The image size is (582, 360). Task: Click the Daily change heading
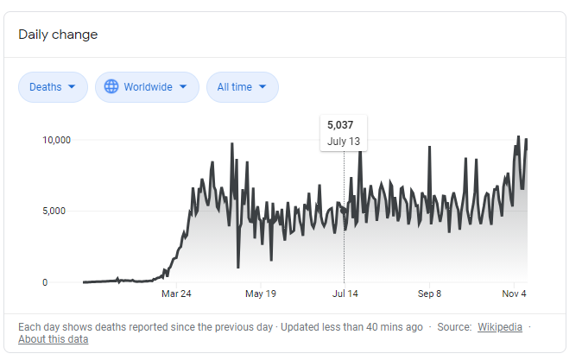coord(58,35)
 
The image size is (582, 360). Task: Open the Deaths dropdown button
coord(53,87)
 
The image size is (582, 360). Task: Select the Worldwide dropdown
coord(147,87)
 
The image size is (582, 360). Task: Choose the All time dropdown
coord(243,87)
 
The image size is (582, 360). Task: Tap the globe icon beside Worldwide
coord(111,86)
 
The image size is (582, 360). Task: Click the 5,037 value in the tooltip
coord(340,125)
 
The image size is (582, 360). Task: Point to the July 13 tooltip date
coord(344,142)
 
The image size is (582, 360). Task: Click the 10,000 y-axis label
coord(56,141)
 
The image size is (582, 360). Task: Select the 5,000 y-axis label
coord(54,212)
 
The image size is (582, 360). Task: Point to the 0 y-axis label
coord(45,282)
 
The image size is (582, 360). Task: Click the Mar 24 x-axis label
coord(176,294)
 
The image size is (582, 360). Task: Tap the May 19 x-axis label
coord(261,294)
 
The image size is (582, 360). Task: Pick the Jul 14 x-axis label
coord(345,294)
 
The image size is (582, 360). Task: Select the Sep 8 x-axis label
coord(429,294)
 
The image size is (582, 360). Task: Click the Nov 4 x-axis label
coord(514,294)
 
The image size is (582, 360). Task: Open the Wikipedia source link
coord(500,327)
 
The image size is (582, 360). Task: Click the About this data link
coord(53,339)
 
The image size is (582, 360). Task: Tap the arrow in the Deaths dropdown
coord(72,87)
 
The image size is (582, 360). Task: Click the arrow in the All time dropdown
coord(263,87)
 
